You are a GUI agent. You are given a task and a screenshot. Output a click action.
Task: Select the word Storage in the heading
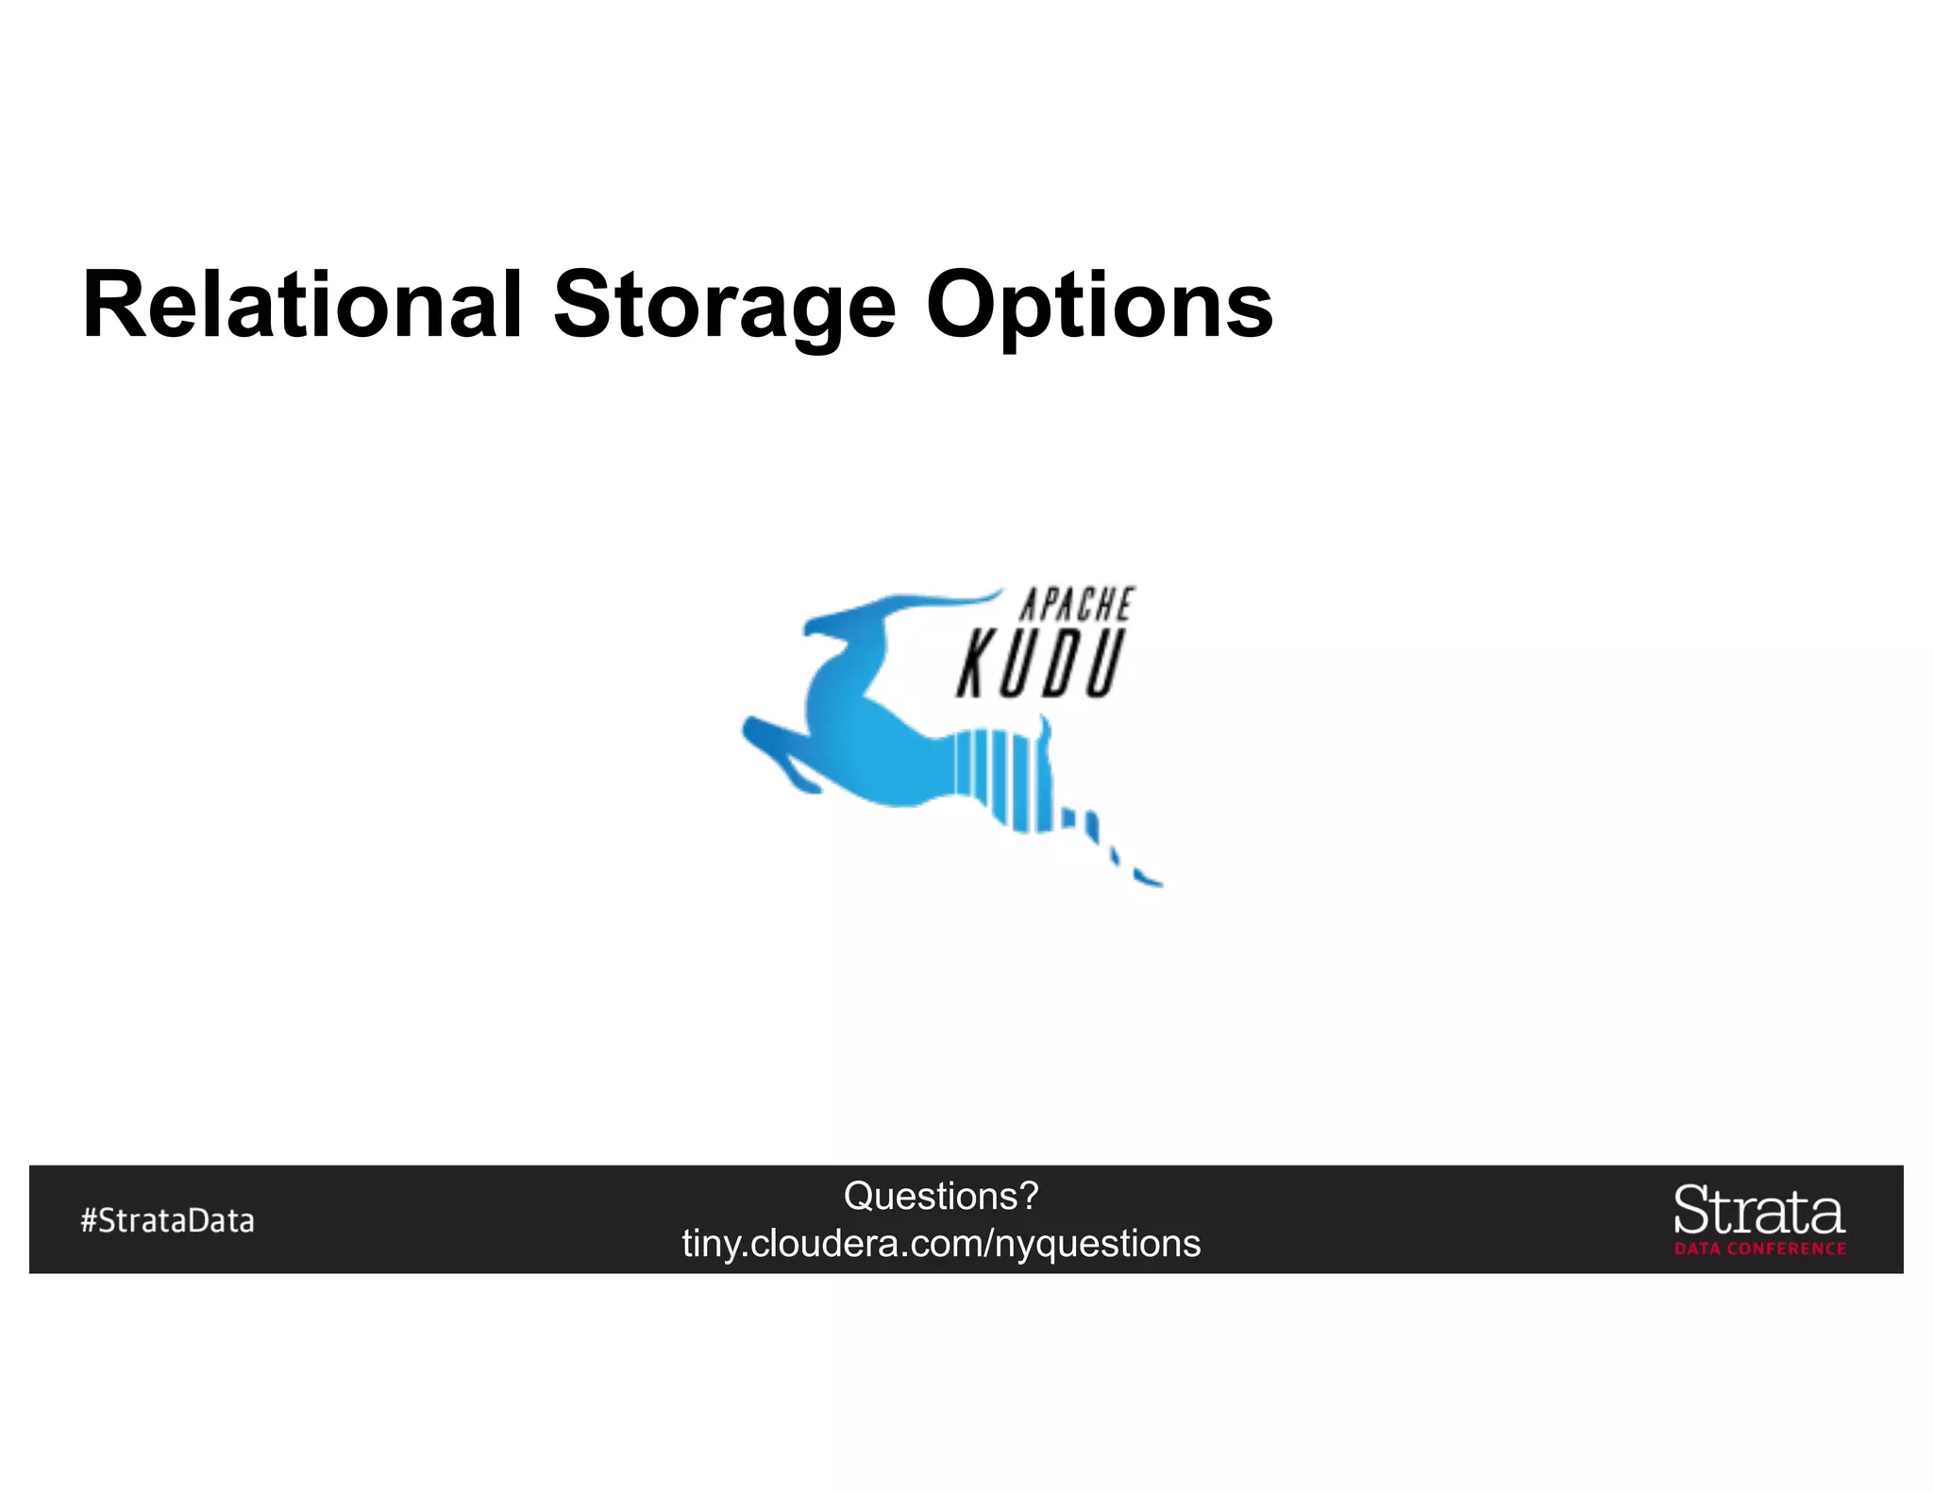click(x=724, y=306)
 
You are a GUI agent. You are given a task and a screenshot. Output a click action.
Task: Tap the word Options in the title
click(x=1099, y=306)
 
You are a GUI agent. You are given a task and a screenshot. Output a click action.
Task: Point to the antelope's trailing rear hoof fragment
click(x=1147, y=880)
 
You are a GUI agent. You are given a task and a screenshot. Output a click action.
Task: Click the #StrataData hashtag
click(x=167, y=1220)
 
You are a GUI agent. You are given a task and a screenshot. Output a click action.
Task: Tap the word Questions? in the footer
click(x=940, y=1196)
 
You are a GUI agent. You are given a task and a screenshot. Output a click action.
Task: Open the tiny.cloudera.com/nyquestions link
click(x=941, y=1243)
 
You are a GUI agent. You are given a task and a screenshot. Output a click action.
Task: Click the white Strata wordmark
click(x=1759, y=1210)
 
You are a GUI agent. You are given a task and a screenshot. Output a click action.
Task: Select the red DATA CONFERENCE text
click(x=1760, y=1249)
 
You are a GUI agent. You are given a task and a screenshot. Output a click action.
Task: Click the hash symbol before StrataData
click(x=89, y=1220)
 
